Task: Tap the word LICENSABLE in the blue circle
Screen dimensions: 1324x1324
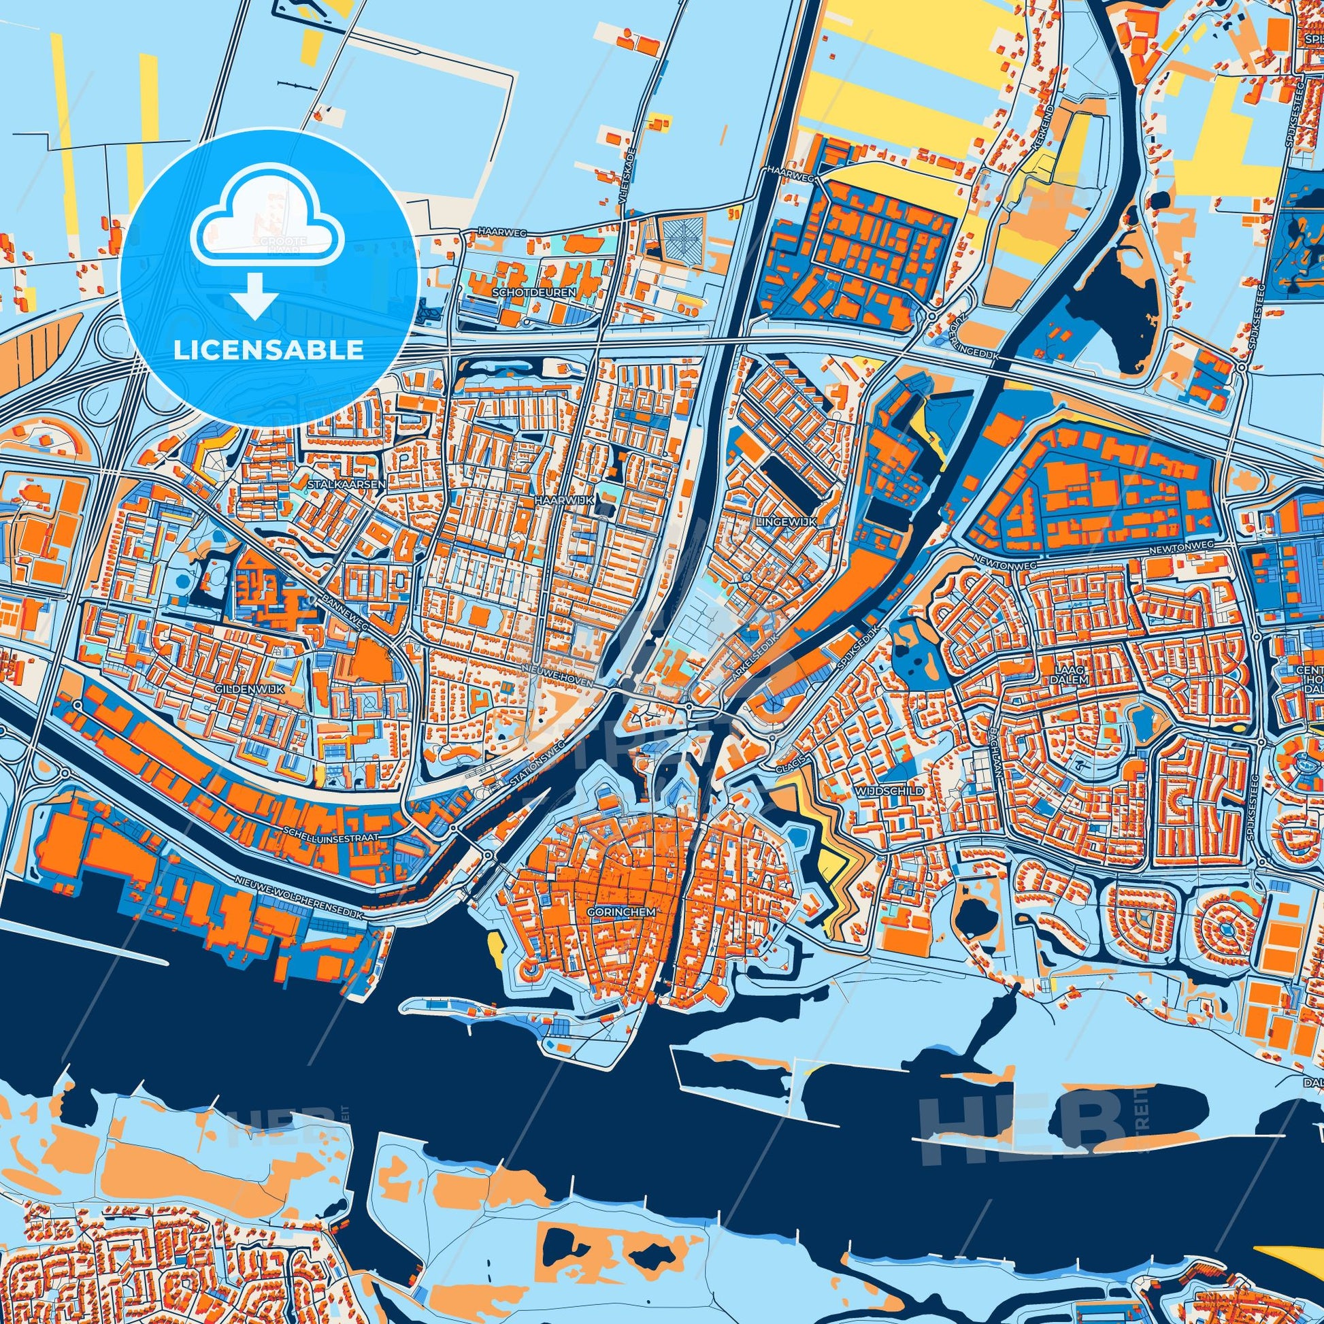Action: (269, 350)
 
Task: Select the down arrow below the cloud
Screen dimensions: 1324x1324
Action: (254, 297)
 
